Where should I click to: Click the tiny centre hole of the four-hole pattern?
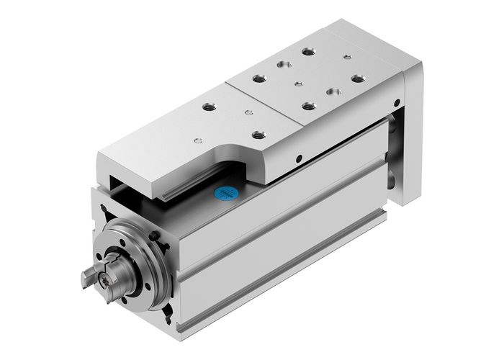297,84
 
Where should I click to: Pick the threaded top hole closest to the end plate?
358,78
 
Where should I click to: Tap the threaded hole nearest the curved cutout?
258,134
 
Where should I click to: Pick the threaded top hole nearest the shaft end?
210,107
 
